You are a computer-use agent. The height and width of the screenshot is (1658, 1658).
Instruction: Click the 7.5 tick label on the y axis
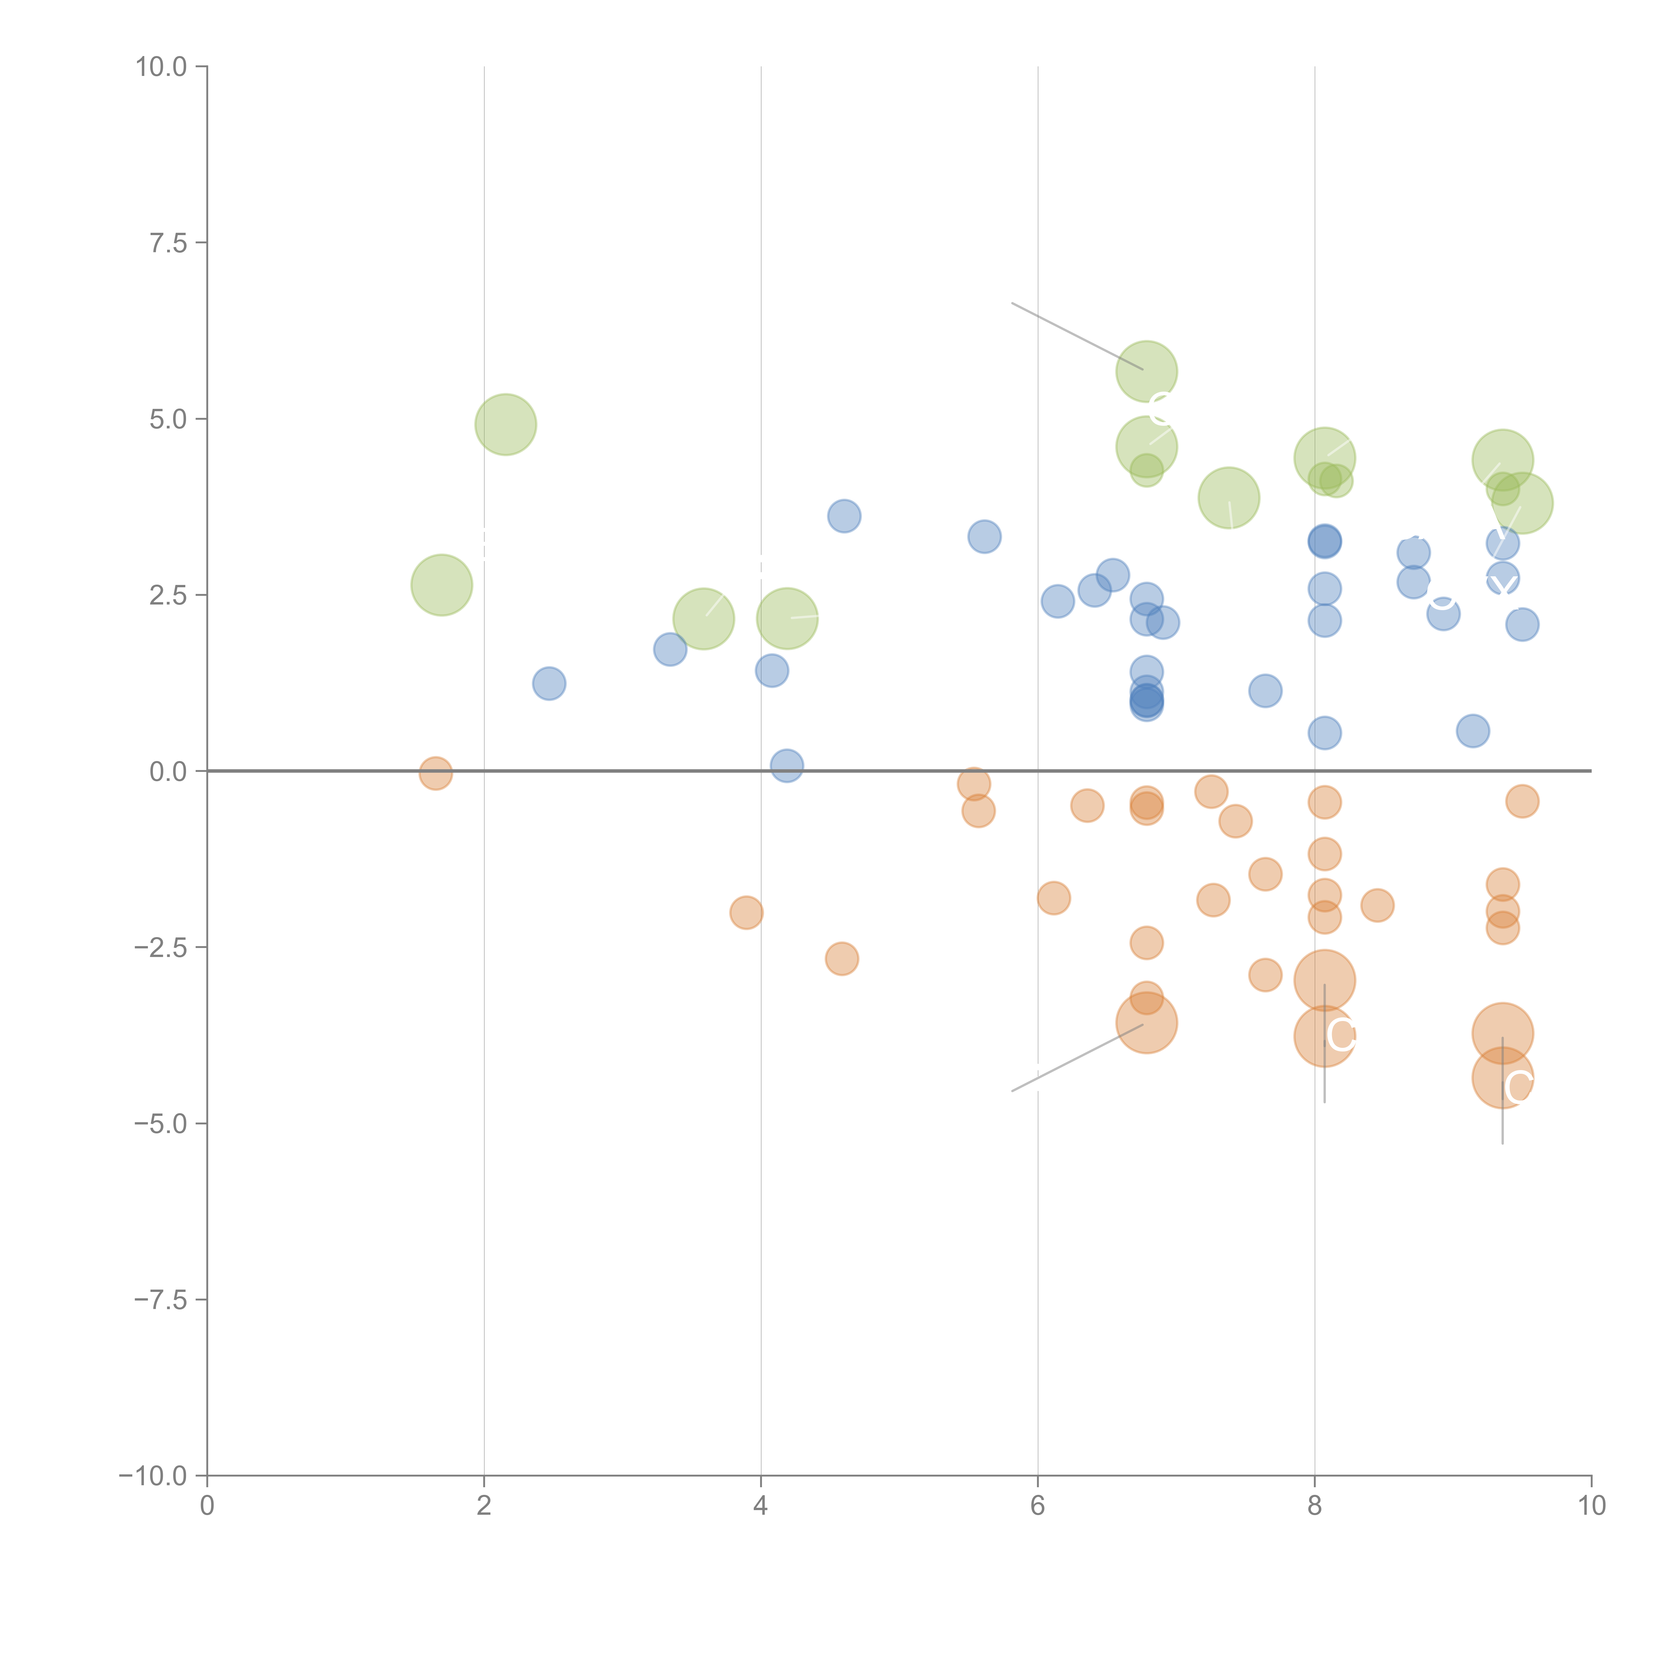tap(168, 243)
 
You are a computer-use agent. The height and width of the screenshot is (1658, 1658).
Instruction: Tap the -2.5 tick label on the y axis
tap(160, 947)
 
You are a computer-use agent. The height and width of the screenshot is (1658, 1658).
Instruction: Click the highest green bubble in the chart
tap(1146, 372)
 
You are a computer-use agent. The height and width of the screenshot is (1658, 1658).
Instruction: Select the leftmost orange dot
tap(436, 773)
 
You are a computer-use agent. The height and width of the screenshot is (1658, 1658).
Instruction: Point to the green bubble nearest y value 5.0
tap(505, 425)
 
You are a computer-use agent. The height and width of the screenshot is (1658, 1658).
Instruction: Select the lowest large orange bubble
tap(1502, 1078)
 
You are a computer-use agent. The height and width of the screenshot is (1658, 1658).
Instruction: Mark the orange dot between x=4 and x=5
tap(842, 959)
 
